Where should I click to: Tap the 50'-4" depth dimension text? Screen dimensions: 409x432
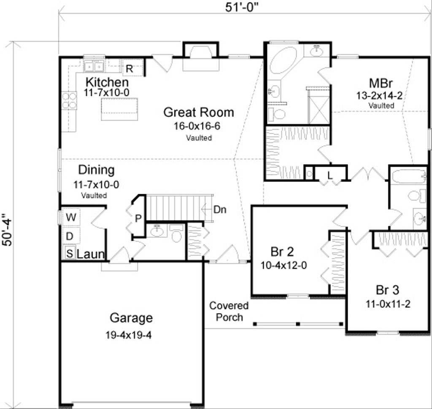[9, 223]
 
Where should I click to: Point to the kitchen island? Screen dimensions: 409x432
[120, 108]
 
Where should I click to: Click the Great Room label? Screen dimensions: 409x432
[198, 112]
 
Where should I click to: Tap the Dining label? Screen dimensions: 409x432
[96, 170]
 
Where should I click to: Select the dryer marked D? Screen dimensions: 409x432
[70, 236]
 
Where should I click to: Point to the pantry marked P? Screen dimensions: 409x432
[138, 218]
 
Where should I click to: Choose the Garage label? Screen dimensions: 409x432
[131, 317]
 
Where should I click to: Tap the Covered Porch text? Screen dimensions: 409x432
[229, 311]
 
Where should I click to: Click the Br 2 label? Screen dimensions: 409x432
[282, 252]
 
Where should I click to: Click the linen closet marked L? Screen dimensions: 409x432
[330, 174]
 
